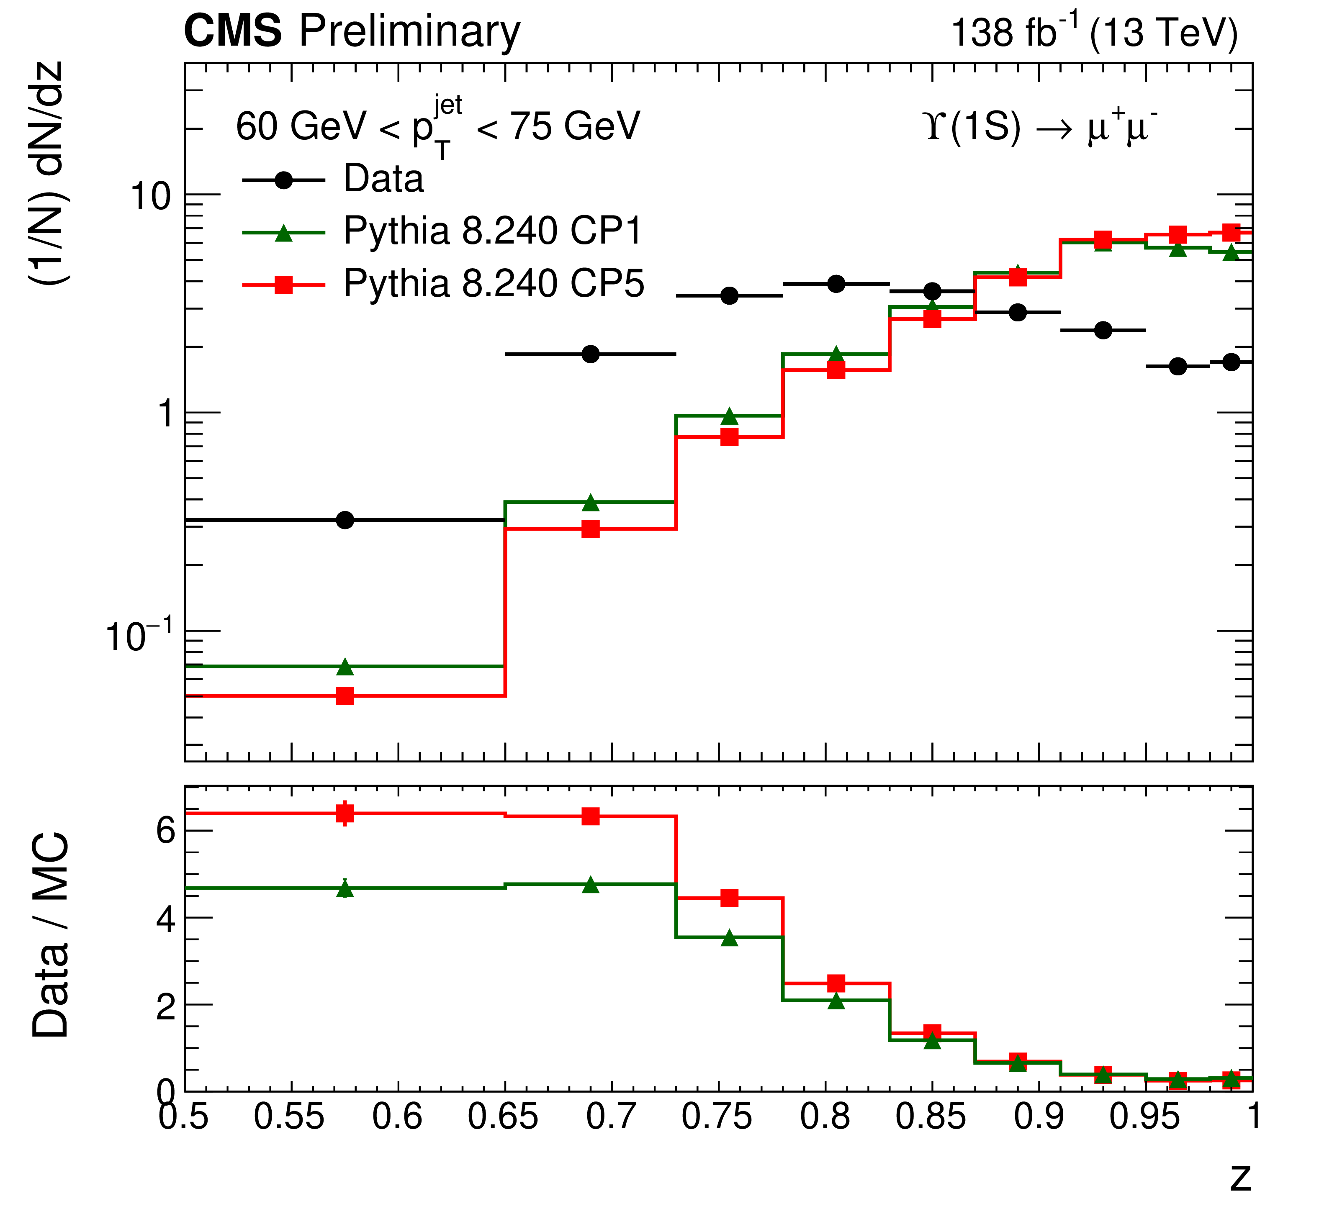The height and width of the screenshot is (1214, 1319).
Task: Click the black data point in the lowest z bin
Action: coord(345,520)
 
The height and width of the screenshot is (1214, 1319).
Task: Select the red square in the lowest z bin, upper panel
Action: coord(345,696)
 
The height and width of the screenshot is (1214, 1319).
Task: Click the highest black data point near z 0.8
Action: coord(836,284)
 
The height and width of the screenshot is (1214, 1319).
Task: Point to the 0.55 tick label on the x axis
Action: coord(290,1117)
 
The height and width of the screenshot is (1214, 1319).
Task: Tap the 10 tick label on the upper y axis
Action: coord(151,196)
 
